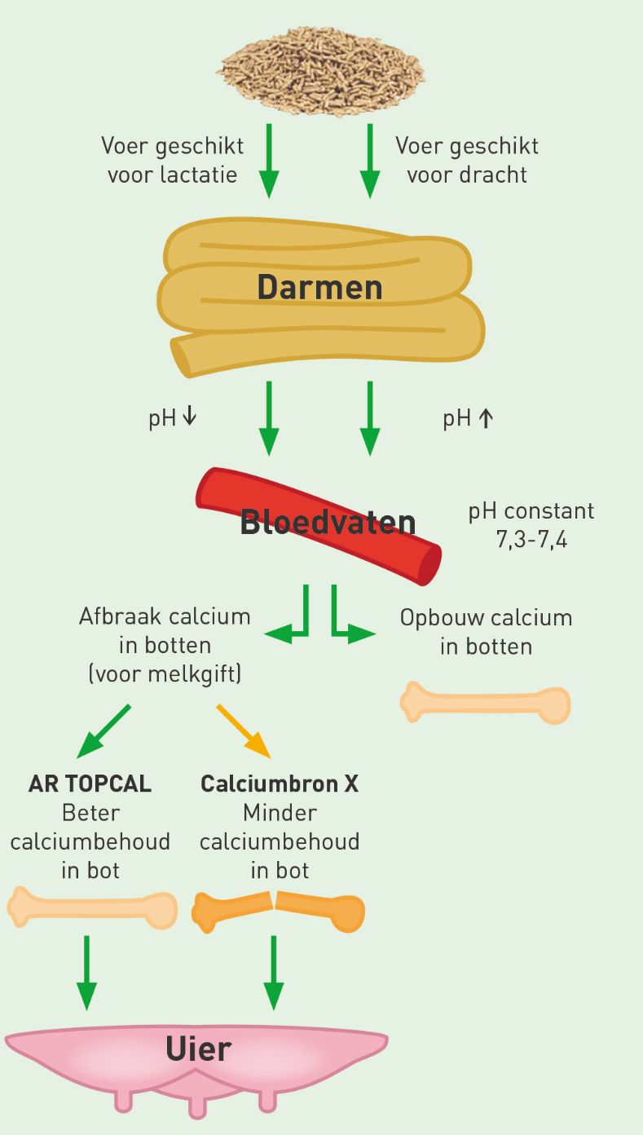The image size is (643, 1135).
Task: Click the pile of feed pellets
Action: tap(321, 70)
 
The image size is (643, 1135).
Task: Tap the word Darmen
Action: tap(319, 287)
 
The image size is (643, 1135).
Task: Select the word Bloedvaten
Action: tap(328, 522)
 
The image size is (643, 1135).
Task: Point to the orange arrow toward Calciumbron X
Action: tap(244, 731)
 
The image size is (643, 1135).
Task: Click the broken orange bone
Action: tap(278, 912)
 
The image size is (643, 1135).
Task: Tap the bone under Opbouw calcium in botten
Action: tap(485, 703)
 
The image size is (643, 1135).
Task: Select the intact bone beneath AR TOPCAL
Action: tap(92, 907)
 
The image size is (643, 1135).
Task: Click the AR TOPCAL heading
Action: tap(90, 784)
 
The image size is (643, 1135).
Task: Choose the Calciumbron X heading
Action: tap(280, 784)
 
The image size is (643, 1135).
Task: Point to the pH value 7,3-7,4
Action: tap(531, 540)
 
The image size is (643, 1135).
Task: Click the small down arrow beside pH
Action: tap(189, 416)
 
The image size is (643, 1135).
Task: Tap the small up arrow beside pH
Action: tap(486, 418)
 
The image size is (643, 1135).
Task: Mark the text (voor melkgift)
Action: tap(165, 674)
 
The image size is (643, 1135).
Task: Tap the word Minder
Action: tap(280, 813)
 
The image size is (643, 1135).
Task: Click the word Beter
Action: tap(90, 813)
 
